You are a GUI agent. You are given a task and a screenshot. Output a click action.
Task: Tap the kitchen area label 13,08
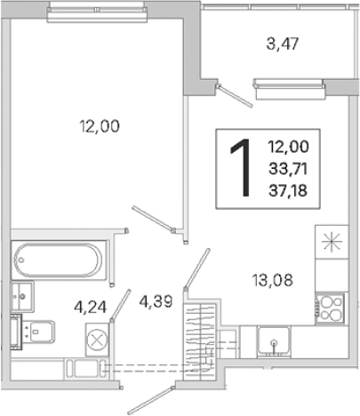(x=273, y=280)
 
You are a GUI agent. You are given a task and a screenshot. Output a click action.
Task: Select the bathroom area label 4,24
(x=91, y=308)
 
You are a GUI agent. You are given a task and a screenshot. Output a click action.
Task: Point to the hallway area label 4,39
(x=156, y=302)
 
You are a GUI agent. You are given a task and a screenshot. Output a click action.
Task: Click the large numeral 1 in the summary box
(x=241, y=168)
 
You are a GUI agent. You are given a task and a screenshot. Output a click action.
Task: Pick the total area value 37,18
(x=288, y=191)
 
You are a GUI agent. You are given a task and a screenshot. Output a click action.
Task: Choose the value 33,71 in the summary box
(x=288, y=169)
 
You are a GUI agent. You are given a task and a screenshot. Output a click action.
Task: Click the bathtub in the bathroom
(x=59, y=260)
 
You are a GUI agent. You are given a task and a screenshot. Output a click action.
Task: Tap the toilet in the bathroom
(x=33, y=332)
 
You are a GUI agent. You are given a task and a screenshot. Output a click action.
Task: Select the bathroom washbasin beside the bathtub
(x=22, y=297)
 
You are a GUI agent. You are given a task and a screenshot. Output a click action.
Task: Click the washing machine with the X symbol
(x=97, y=340)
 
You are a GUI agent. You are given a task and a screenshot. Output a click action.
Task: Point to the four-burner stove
(x=331, y=308)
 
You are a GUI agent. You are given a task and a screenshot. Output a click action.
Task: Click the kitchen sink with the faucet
(x=274, y=340)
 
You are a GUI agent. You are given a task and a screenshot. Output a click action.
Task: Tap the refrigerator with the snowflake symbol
(x=332, y=242)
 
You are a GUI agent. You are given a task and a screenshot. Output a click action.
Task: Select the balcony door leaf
(x=235, y=95)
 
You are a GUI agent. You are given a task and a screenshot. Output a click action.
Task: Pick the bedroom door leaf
(x=153, y=219)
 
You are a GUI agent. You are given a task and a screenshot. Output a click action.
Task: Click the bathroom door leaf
(x=120, y=306)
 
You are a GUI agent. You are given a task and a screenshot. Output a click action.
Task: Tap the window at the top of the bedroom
(x=97, y=11)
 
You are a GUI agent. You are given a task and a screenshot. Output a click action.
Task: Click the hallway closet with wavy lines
(x=200, y=340)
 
